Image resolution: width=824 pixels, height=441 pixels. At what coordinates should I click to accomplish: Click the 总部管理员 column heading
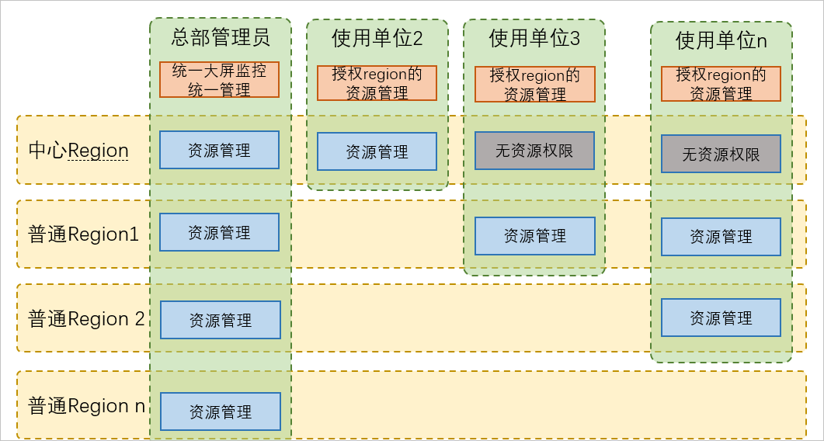(x=220, y=37)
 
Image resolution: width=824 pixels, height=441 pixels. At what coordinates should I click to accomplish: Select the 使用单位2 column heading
(x=377, y=38)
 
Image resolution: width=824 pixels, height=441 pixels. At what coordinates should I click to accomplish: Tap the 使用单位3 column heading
(x=534, y=38)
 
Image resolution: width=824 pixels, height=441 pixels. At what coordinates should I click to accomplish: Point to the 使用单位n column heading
(x=721, y=40)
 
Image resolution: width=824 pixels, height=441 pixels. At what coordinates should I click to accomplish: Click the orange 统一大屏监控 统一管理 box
(x=219, y=80)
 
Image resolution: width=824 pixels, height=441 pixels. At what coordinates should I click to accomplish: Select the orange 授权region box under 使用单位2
(x=377, y=83)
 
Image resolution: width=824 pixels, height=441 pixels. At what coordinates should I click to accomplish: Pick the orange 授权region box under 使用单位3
(x=534, y=84)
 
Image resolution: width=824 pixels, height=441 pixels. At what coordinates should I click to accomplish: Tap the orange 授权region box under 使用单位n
(x=721, y=84)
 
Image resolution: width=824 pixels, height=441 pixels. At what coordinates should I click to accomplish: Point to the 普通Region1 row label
(x=84, y=234)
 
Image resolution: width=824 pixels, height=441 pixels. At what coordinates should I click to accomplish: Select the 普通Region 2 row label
(x=86, y=318)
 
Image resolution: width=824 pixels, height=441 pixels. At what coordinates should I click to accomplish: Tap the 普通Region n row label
(x=86, y=405)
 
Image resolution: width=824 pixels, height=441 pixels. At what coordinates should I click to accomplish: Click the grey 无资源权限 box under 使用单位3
(x=534, y=151)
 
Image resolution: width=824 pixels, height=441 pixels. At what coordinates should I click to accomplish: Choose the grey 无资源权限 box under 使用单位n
(x=721, y=154)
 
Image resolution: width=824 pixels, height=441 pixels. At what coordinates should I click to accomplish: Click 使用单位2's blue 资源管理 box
(x=377, y=151)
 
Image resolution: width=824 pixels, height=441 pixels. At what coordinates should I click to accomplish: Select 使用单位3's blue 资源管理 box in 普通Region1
(x=534, y=236)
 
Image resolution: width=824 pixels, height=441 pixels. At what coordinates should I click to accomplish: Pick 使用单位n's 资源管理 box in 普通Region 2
(x=721, y=318)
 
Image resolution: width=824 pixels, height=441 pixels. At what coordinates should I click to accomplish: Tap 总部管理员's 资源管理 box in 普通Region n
(x=221, y=411)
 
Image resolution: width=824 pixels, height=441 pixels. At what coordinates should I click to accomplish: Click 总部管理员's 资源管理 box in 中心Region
(x=219, y=150)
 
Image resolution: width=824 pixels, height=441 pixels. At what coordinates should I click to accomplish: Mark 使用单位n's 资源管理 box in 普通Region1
(x=721, y=237)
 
